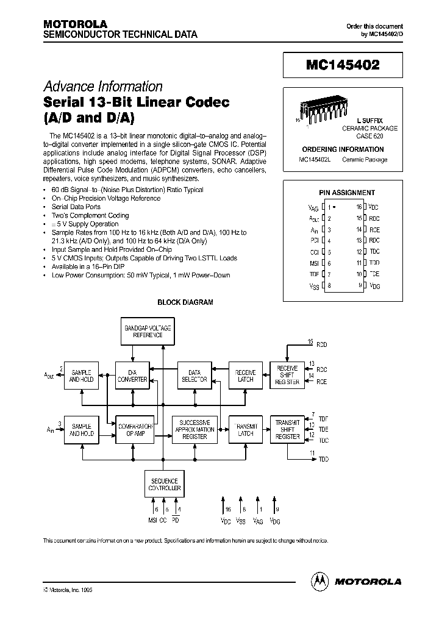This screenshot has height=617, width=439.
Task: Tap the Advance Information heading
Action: (103, 87)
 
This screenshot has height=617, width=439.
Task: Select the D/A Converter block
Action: (132, 376)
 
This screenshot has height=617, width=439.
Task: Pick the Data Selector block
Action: (195, 376)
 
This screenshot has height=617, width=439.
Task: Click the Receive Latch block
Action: (245, 376)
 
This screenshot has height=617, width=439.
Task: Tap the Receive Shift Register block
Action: (287, 376)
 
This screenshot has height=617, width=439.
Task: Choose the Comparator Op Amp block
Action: (135, 429)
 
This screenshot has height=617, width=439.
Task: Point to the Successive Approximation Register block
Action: (195, 429)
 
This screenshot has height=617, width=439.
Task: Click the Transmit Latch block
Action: (245, 429)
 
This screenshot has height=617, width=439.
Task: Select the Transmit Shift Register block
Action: (287, 429)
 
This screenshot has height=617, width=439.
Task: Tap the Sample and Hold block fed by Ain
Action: (82, 429)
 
